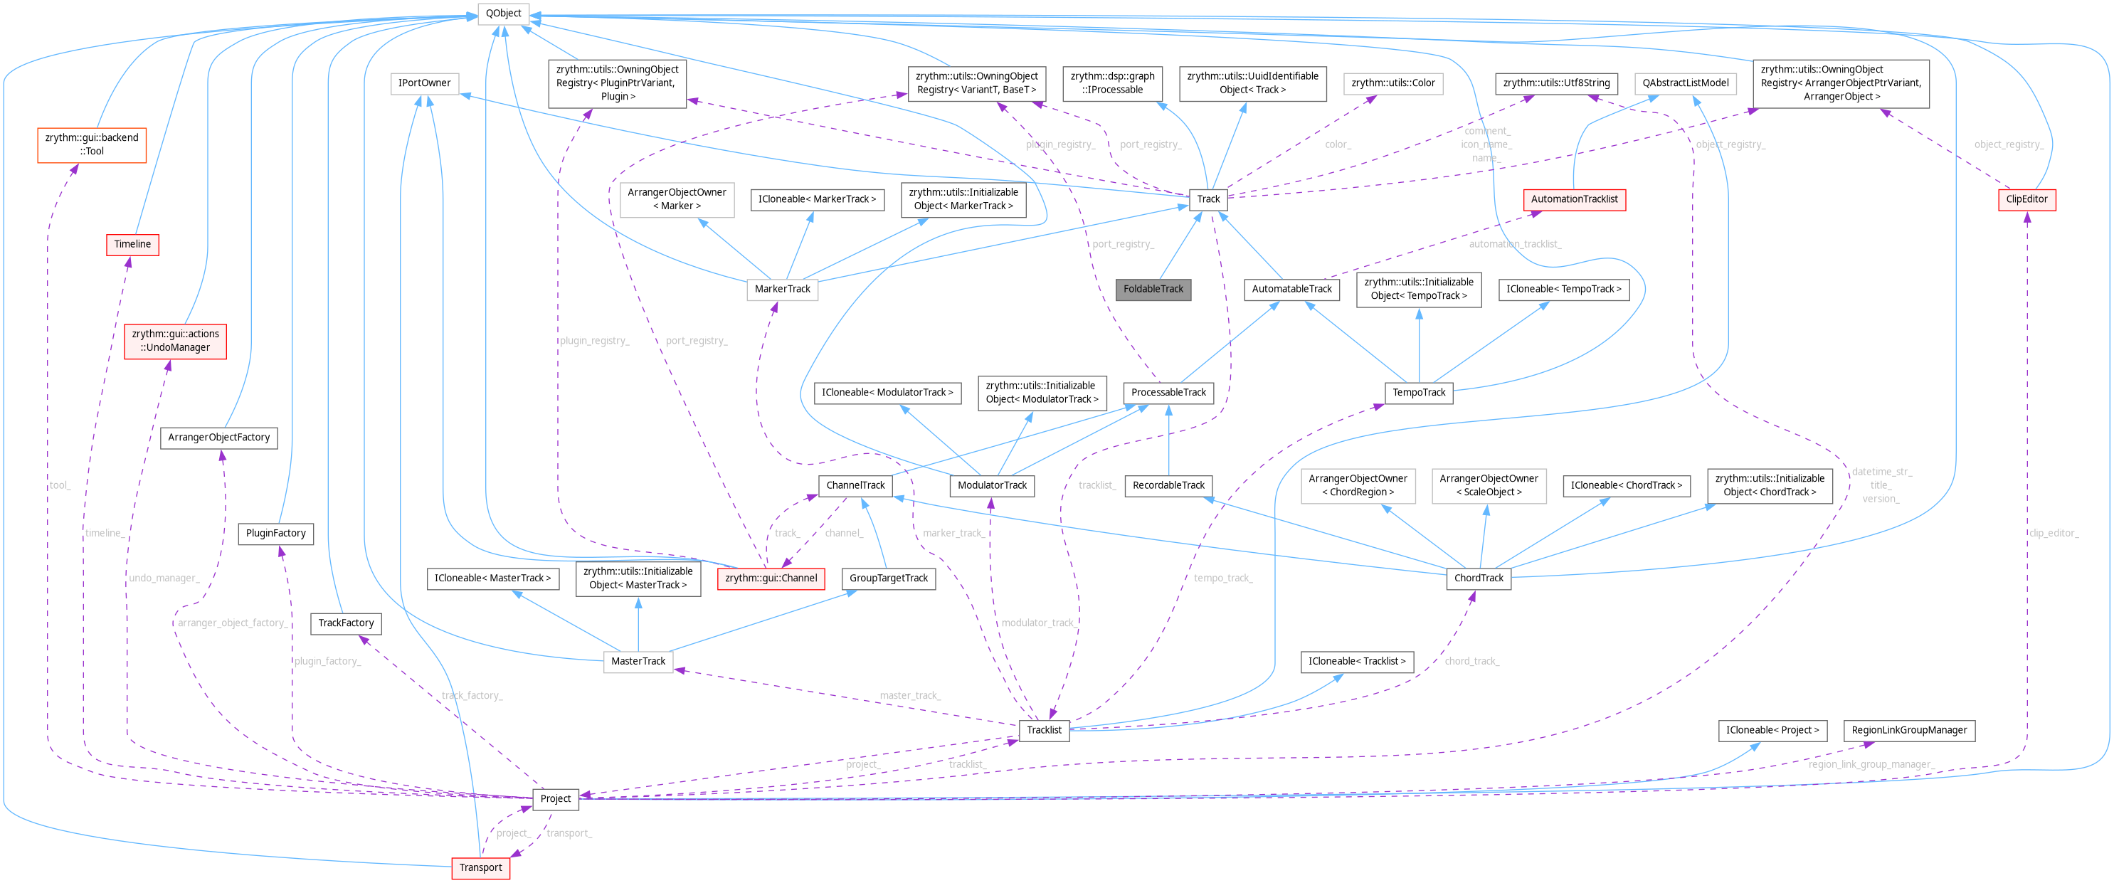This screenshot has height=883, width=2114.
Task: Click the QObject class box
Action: coord(503,13)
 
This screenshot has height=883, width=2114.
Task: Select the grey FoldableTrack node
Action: coord(1153,289)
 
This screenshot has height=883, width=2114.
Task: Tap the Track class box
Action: coord(1208,199)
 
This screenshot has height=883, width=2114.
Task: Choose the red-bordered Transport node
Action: coord(480,867)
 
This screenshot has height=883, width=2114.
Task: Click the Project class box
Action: coord(556,798)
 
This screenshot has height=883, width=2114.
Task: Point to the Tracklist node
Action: coord(1044,729)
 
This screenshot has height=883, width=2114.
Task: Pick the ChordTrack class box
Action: coord(1478,578)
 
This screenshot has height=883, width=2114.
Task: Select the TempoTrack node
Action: coord(1418,392)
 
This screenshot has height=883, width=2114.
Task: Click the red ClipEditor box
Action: coord(2026,199)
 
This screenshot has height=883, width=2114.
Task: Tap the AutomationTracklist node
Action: coord(1574,199)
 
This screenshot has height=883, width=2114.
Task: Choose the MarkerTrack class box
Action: coord(782,289)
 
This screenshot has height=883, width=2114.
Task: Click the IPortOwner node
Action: coord(424,83)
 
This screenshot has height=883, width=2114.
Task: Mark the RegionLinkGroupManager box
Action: coord(1909,729)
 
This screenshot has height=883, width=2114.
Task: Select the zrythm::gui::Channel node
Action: coord(771,578)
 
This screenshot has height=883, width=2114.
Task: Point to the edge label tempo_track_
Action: coord(1222,578)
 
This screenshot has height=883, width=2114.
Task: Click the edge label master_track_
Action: coord(910,696)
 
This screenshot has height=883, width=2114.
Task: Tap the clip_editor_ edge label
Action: coord(2054,534)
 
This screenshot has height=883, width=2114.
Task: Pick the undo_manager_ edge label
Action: coord(164,578)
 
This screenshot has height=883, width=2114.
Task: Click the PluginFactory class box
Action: coord(276,534)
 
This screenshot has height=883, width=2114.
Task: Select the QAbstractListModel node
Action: coord(1685,83)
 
